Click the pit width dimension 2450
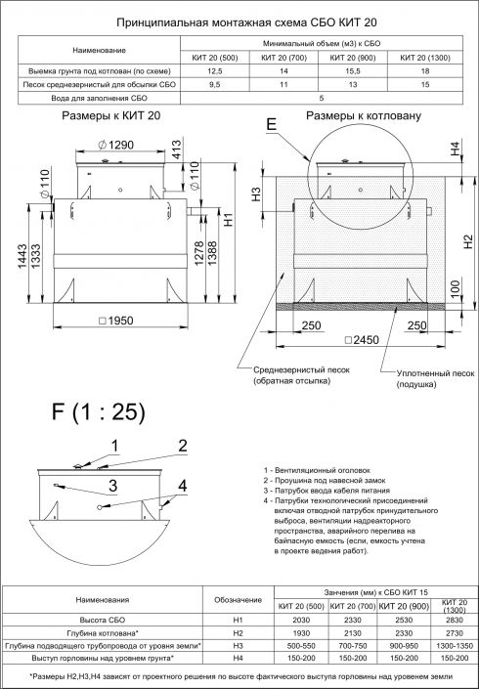click(362, 339)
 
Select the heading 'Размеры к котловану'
click(364, 115)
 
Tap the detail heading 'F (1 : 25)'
click(88, 409)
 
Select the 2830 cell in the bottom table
click(454, 620)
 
